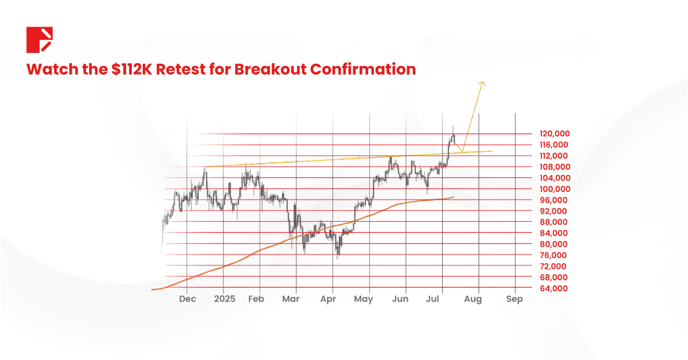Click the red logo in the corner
40,40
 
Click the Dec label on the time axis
187,299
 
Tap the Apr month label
328,299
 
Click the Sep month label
515,299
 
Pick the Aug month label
472,299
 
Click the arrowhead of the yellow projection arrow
483,84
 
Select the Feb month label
256,299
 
